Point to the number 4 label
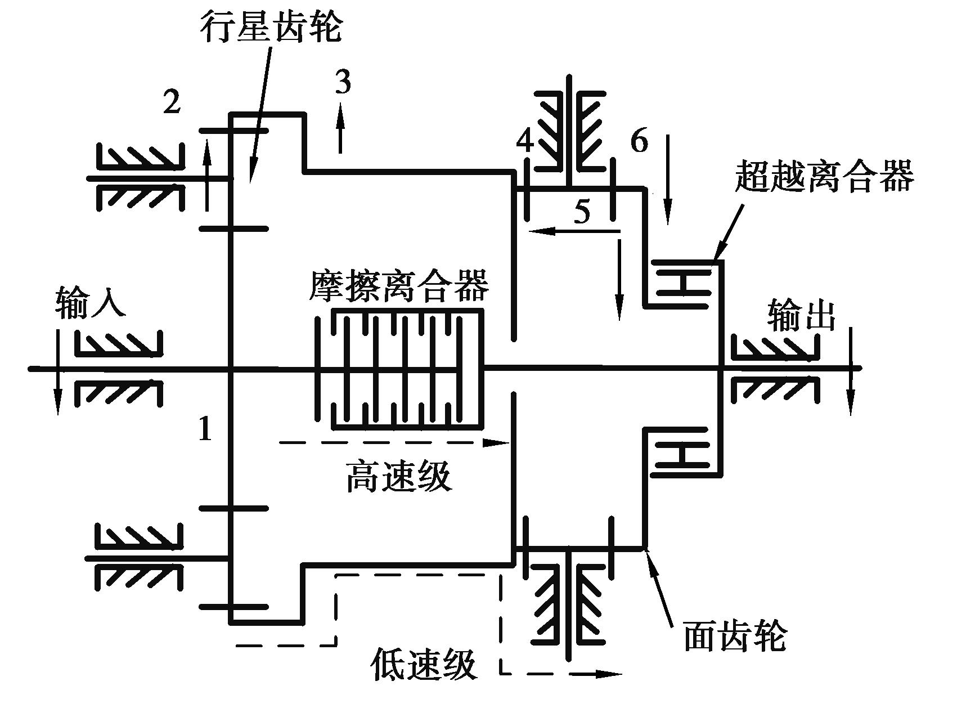[525, 142]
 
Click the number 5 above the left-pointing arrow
[582, 212]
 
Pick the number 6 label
[639, 141]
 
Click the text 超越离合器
[824, 176]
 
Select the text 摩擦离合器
[399, 287]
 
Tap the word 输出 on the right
[801, 317]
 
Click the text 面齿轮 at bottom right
[735, 635]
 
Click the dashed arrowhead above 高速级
[497, 442]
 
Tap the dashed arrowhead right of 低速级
[610, 673]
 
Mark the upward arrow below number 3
[340, 129]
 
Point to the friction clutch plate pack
[398, 369]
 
